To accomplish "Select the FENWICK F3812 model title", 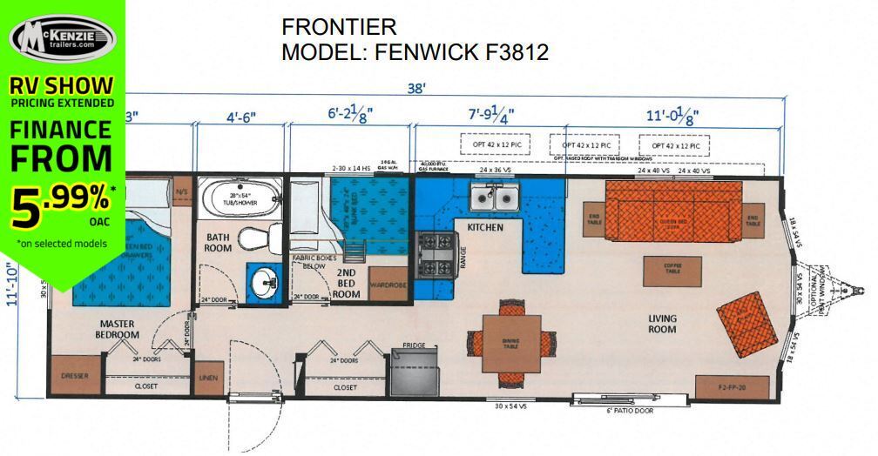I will (415, 52).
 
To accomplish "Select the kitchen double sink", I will (493, 199).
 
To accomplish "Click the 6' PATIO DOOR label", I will (630, 410).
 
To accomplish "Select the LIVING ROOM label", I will (662, 323).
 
